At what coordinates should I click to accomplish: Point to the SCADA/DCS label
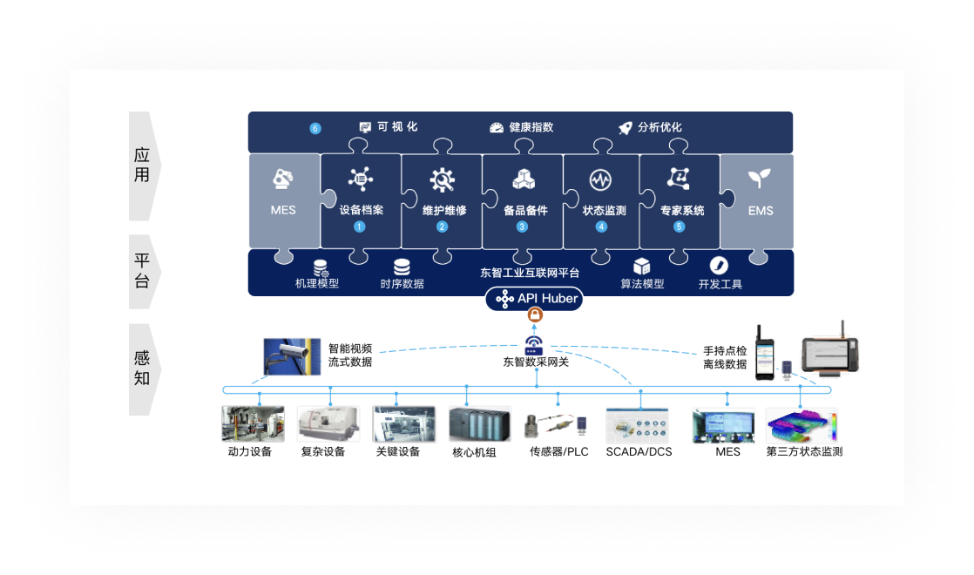pyautogui.click(x=639, y=451)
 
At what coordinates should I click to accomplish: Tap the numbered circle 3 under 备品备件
pyautogui.click(x=522, y=227)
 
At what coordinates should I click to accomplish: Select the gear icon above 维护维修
pyautogui.click(x=442, y=179)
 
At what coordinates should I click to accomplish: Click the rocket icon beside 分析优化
pyautogui.click(x=625, y=128)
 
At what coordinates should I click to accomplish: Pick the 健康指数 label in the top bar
pyautogui.click(x=531, y=127)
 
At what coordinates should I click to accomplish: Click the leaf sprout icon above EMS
pyautogui.click(x=760, y=179)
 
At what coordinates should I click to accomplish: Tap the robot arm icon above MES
pyautogui.click(x=283, y=179)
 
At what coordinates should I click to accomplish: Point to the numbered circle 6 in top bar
pyautogui.click(x=315, y=129)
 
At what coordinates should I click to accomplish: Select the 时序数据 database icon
pyautogui.click(x=402, y=267)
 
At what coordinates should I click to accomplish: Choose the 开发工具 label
pyautogui.click(x=720, y=284)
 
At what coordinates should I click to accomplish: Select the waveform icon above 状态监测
pyautogui.click(x=601, y=179)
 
